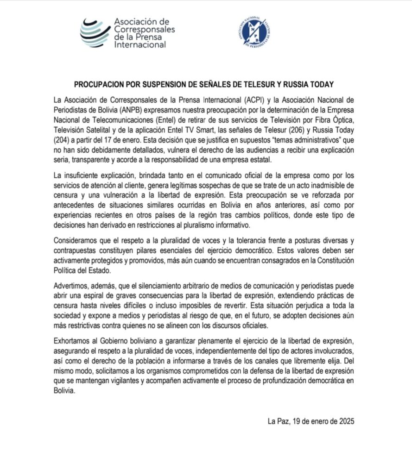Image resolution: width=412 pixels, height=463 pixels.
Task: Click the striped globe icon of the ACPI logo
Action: point(95,33)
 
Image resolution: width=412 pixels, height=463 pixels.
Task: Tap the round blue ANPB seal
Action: point(253,33)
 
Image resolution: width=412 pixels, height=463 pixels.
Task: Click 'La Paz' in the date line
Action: point(278,422)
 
